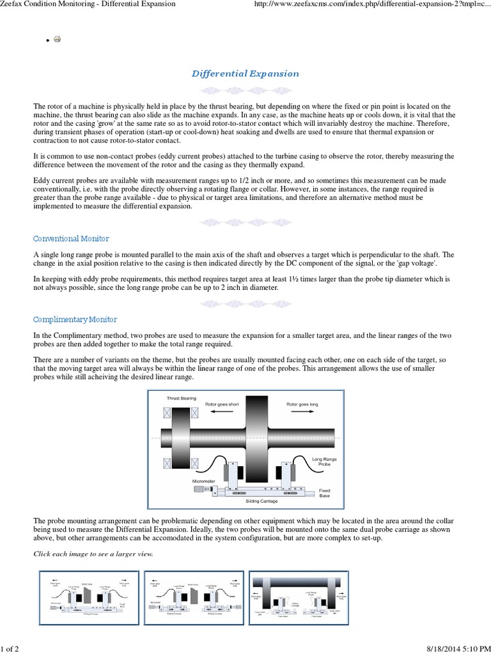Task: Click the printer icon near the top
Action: [58, 39]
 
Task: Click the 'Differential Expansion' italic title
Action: [245, 73]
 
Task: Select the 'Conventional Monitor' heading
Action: [71, 238]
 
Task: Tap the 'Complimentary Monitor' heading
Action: [75, 319]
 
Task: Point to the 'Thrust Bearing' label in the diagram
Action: [182, 399]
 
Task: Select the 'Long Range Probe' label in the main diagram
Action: [321, 462]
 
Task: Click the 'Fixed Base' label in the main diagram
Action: [324, 493]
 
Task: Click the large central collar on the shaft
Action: [256, 439]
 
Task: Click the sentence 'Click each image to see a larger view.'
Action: [93, 553]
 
